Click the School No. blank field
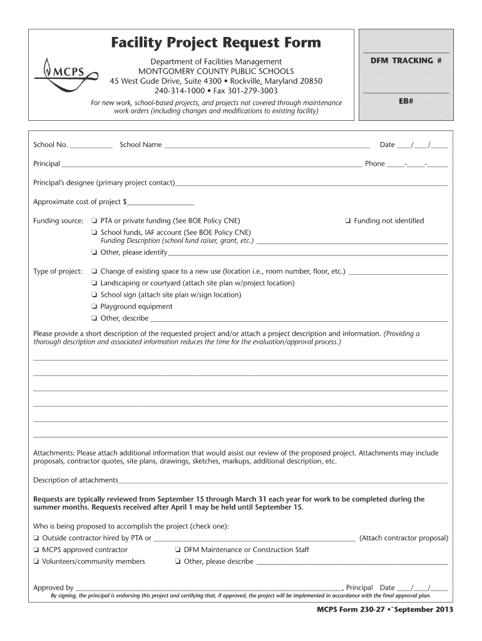[91, 146]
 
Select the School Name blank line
[266, 146]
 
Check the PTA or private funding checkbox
[93, 221]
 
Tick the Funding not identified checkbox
[347, 221]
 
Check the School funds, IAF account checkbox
[93, 232]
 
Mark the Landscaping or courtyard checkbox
[93, 284]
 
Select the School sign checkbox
[93, 295]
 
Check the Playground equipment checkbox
[93, 307]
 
